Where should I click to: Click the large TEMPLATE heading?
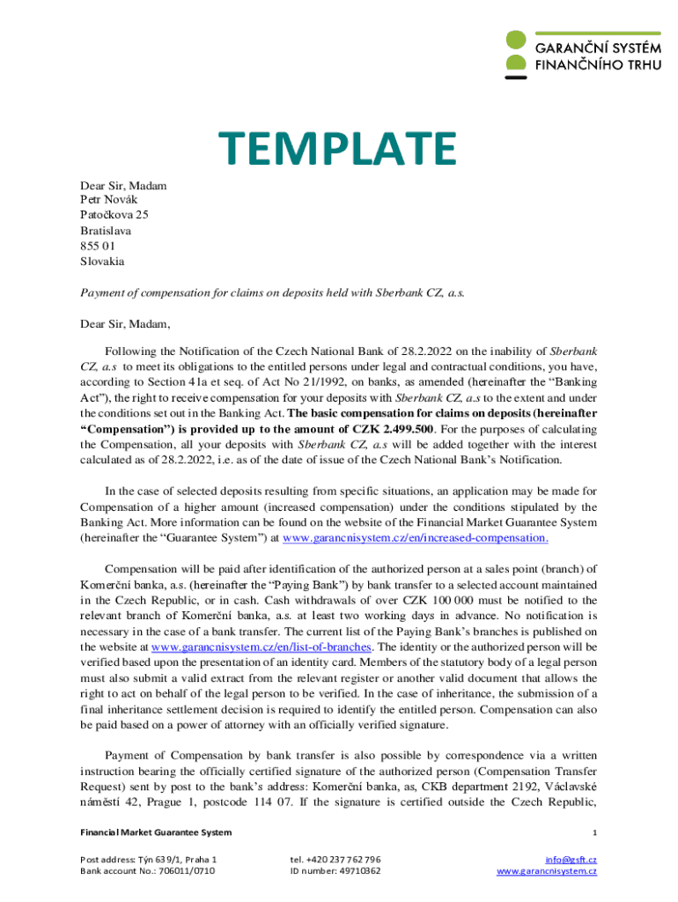click(x=338, y=148)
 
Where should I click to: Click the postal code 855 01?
click(x=97, y=246)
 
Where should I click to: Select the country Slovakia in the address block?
click(x=102, y=262)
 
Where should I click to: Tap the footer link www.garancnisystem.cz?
click(x=546, y=871)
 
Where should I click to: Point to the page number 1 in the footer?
click(x=594, y=832)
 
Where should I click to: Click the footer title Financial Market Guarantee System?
click(x=156, y=832)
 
